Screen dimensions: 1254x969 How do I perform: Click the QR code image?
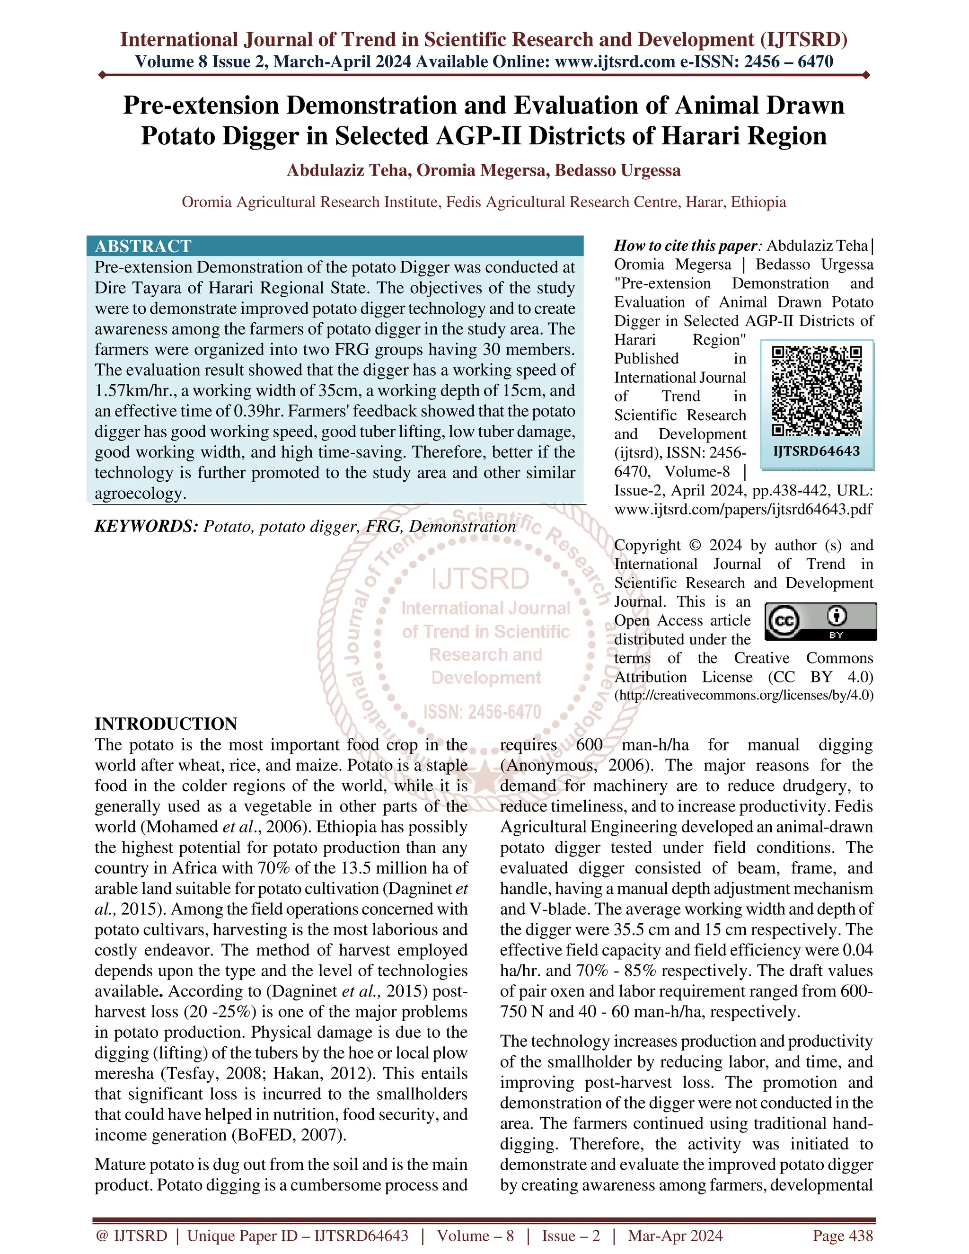816,390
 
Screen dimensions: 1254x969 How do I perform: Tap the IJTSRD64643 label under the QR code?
816,451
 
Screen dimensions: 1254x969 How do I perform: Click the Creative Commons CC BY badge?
821,621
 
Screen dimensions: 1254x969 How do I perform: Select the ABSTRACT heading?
143,247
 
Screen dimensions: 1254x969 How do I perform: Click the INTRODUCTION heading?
166,724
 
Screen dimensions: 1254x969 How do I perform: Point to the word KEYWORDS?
146,527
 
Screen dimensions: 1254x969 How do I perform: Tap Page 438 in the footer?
842,1236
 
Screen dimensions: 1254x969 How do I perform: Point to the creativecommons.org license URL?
744,695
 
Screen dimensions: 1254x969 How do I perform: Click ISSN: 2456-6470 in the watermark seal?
482,712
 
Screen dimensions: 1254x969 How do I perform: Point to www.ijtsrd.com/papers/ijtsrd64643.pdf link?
743,509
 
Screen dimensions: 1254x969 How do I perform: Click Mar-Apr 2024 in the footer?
675,1236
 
